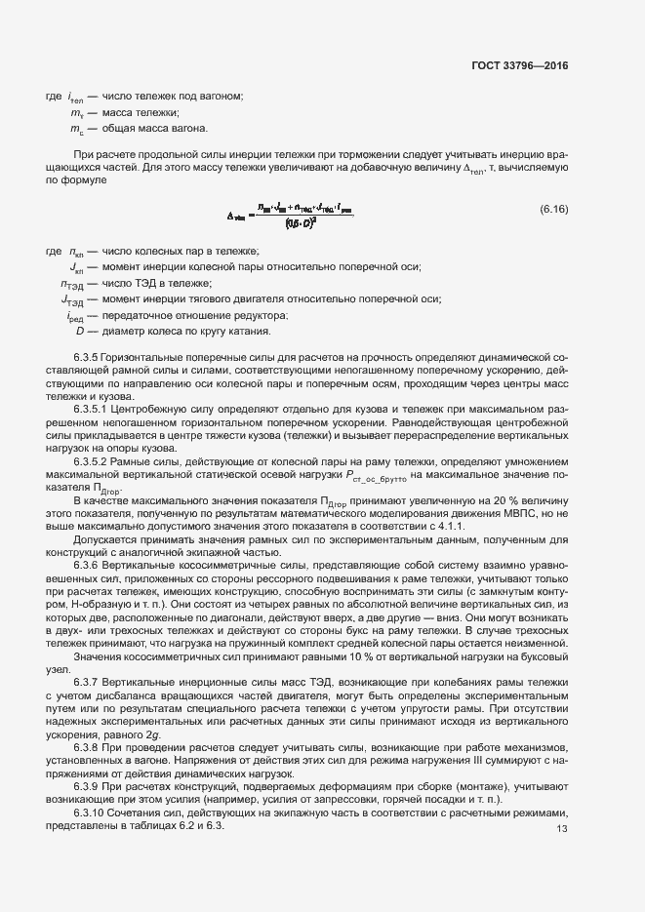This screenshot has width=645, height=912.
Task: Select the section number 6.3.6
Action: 91,565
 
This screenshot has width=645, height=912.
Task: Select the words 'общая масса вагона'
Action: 154,129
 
